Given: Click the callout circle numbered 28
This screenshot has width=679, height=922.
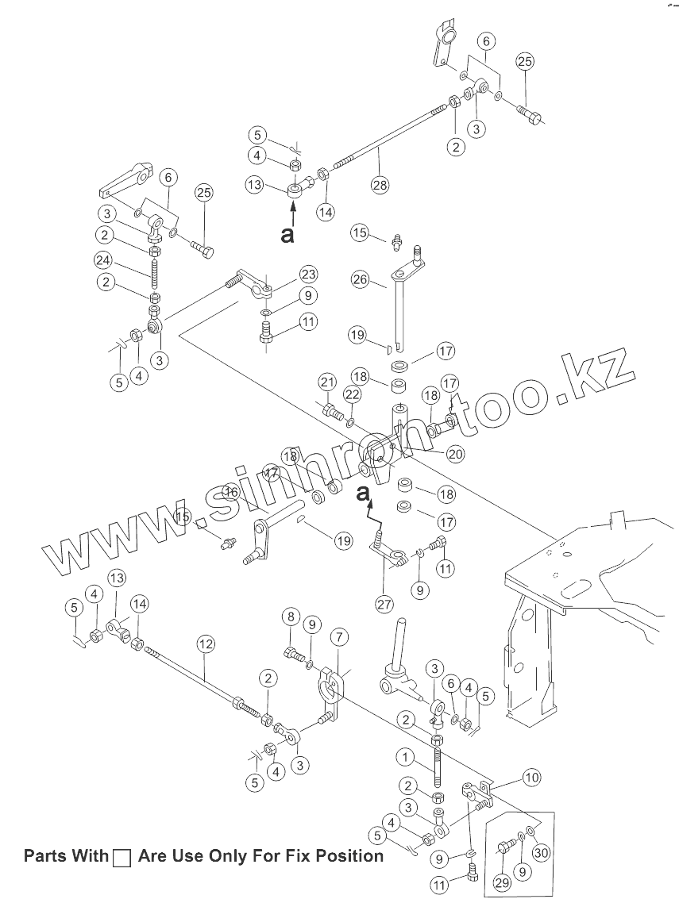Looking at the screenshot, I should (379, 185).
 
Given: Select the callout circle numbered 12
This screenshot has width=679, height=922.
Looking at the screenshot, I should (206, 643).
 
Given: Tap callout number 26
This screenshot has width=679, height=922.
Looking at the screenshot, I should (361, 279).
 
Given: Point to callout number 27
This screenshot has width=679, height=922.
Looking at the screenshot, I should (385, 604).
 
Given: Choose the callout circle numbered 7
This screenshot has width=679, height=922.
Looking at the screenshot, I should (339, 636).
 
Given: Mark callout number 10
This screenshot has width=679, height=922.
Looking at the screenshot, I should (531, 778).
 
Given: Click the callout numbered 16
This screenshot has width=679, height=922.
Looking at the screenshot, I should (230, 492).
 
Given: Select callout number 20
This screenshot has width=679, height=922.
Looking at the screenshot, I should (456, 454).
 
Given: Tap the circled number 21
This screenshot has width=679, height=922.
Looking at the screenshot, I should (328, 382).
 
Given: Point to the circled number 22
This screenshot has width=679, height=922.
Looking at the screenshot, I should (353, 394).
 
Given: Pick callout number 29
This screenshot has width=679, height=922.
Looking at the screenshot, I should (501, 882).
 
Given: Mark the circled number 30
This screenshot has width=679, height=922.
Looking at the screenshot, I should (541, 852).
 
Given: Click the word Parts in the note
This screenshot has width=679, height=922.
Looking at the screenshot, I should (45, 856).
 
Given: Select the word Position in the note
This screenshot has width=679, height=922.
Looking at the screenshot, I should (345, 856).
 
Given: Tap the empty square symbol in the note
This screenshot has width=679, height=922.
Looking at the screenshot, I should (122, 858).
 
